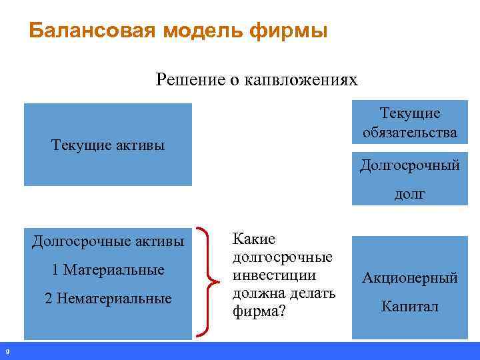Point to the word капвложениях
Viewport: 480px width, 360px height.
301,81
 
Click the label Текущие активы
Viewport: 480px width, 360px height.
107,145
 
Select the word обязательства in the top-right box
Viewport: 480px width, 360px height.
410,132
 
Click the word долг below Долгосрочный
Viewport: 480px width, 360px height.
410,194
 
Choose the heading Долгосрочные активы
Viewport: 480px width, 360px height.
107,241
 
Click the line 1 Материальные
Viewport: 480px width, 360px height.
107,270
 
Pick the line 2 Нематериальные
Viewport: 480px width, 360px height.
107,299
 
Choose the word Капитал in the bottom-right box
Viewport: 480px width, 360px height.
410,307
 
